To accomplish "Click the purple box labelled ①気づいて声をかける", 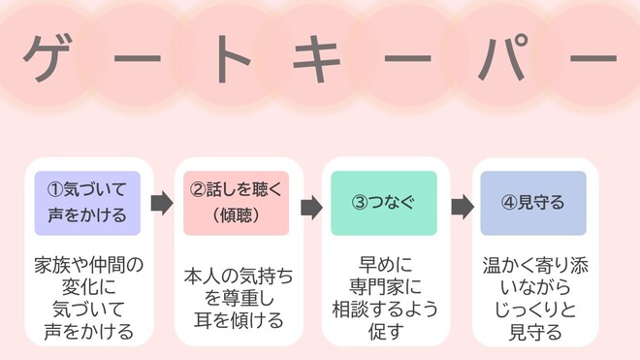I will (87, 204).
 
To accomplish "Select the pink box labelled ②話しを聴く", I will (237, 204).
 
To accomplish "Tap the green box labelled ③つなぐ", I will (384, 204).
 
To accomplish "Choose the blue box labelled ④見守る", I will (533, 204).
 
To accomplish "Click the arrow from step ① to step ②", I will (162, 205).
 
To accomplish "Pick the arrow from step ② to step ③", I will (310, 206).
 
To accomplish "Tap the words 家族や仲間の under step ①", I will (87, 264).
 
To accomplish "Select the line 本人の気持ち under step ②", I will (237, 276).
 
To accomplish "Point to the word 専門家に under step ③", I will (384, 286).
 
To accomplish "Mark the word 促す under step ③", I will (384, 332).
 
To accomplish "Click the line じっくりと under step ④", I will (533, 310).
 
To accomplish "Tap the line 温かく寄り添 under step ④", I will (533, 264).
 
